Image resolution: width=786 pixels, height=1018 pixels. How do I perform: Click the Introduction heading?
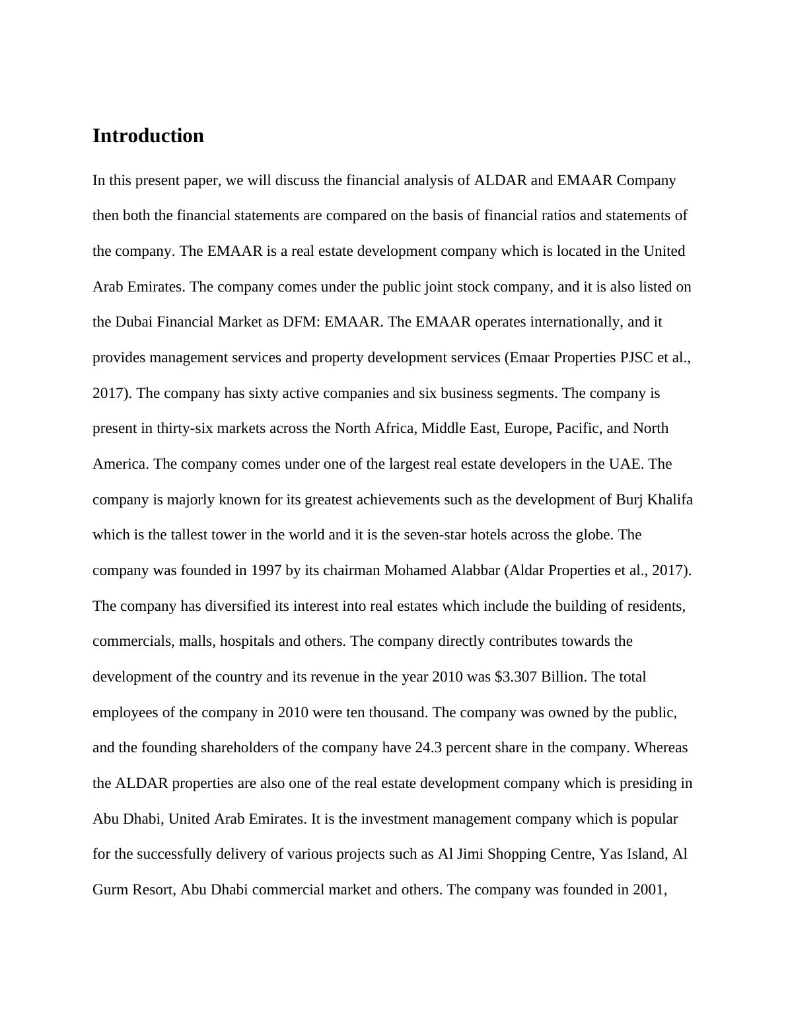tap(148, 136)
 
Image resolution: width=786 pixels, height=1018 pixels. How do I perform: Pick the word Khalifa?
tap(670, 499)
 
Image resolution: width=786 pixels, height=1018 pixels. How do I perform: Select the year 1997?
tap(266, 570)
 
